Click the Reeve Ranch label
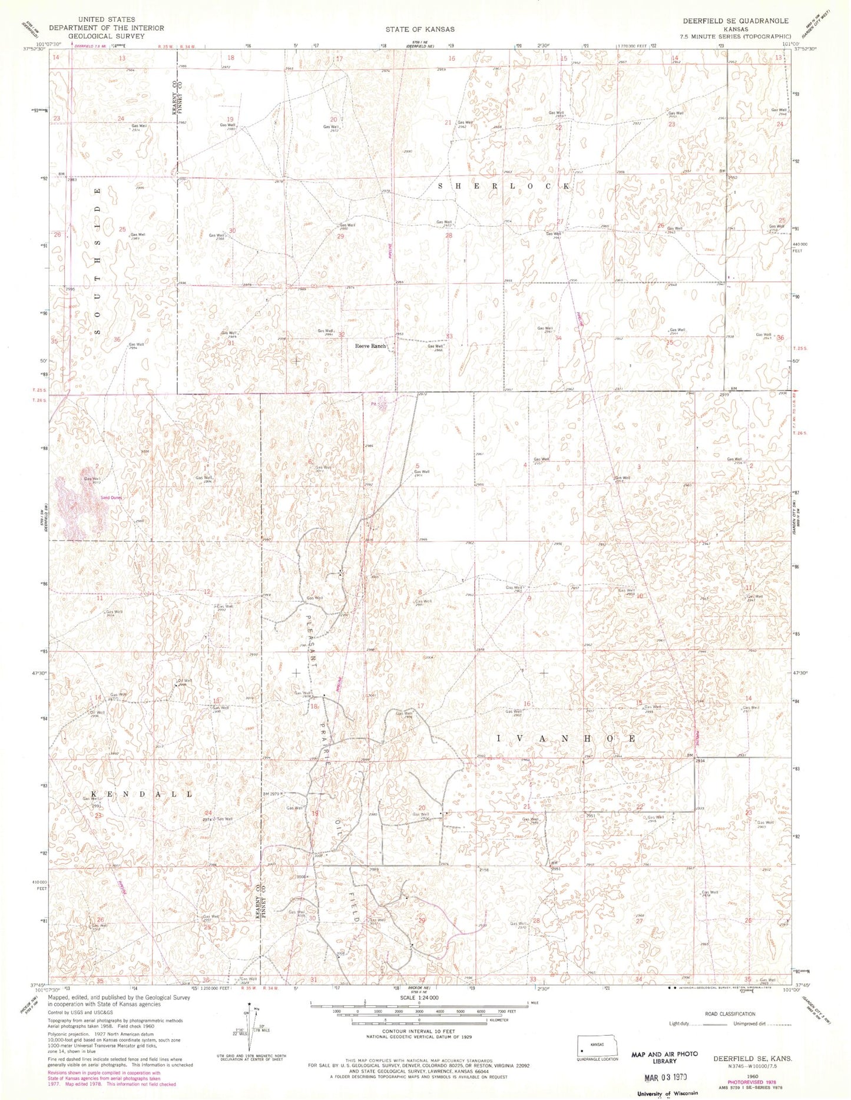click(370, 346)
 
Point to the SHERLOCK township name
click(504, 186)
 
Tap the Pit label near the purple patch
click(373, 404)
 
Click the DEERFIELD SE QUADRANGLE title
click(736, 21)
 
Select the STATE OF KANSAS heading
click(420, 29)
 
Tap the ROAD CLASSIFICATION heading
click(730, 1014)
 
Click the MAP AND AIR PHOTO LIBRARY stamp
click(664, 1058)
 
